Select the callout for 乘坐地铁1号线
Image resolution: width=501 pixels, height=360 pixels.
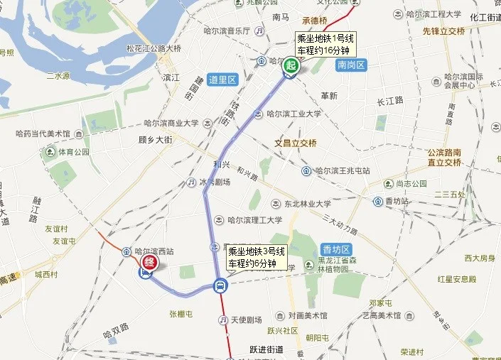click(325, 43)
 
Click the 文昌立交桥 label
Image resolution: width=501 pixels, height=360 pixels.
click(296, 143)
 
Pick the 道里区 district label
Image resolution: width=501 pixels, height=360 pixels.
click(222, 80)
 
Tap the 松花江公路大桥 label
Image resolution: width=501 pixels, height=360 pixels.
click(153, 49)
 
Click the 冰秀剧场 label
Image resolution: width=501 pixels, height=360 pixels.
click(214, 182)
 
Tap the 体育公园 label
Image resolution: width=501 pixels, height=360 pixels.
click(74, 152)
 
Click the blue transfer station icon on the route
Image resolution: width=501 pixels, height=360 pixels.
click(220, 286)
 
